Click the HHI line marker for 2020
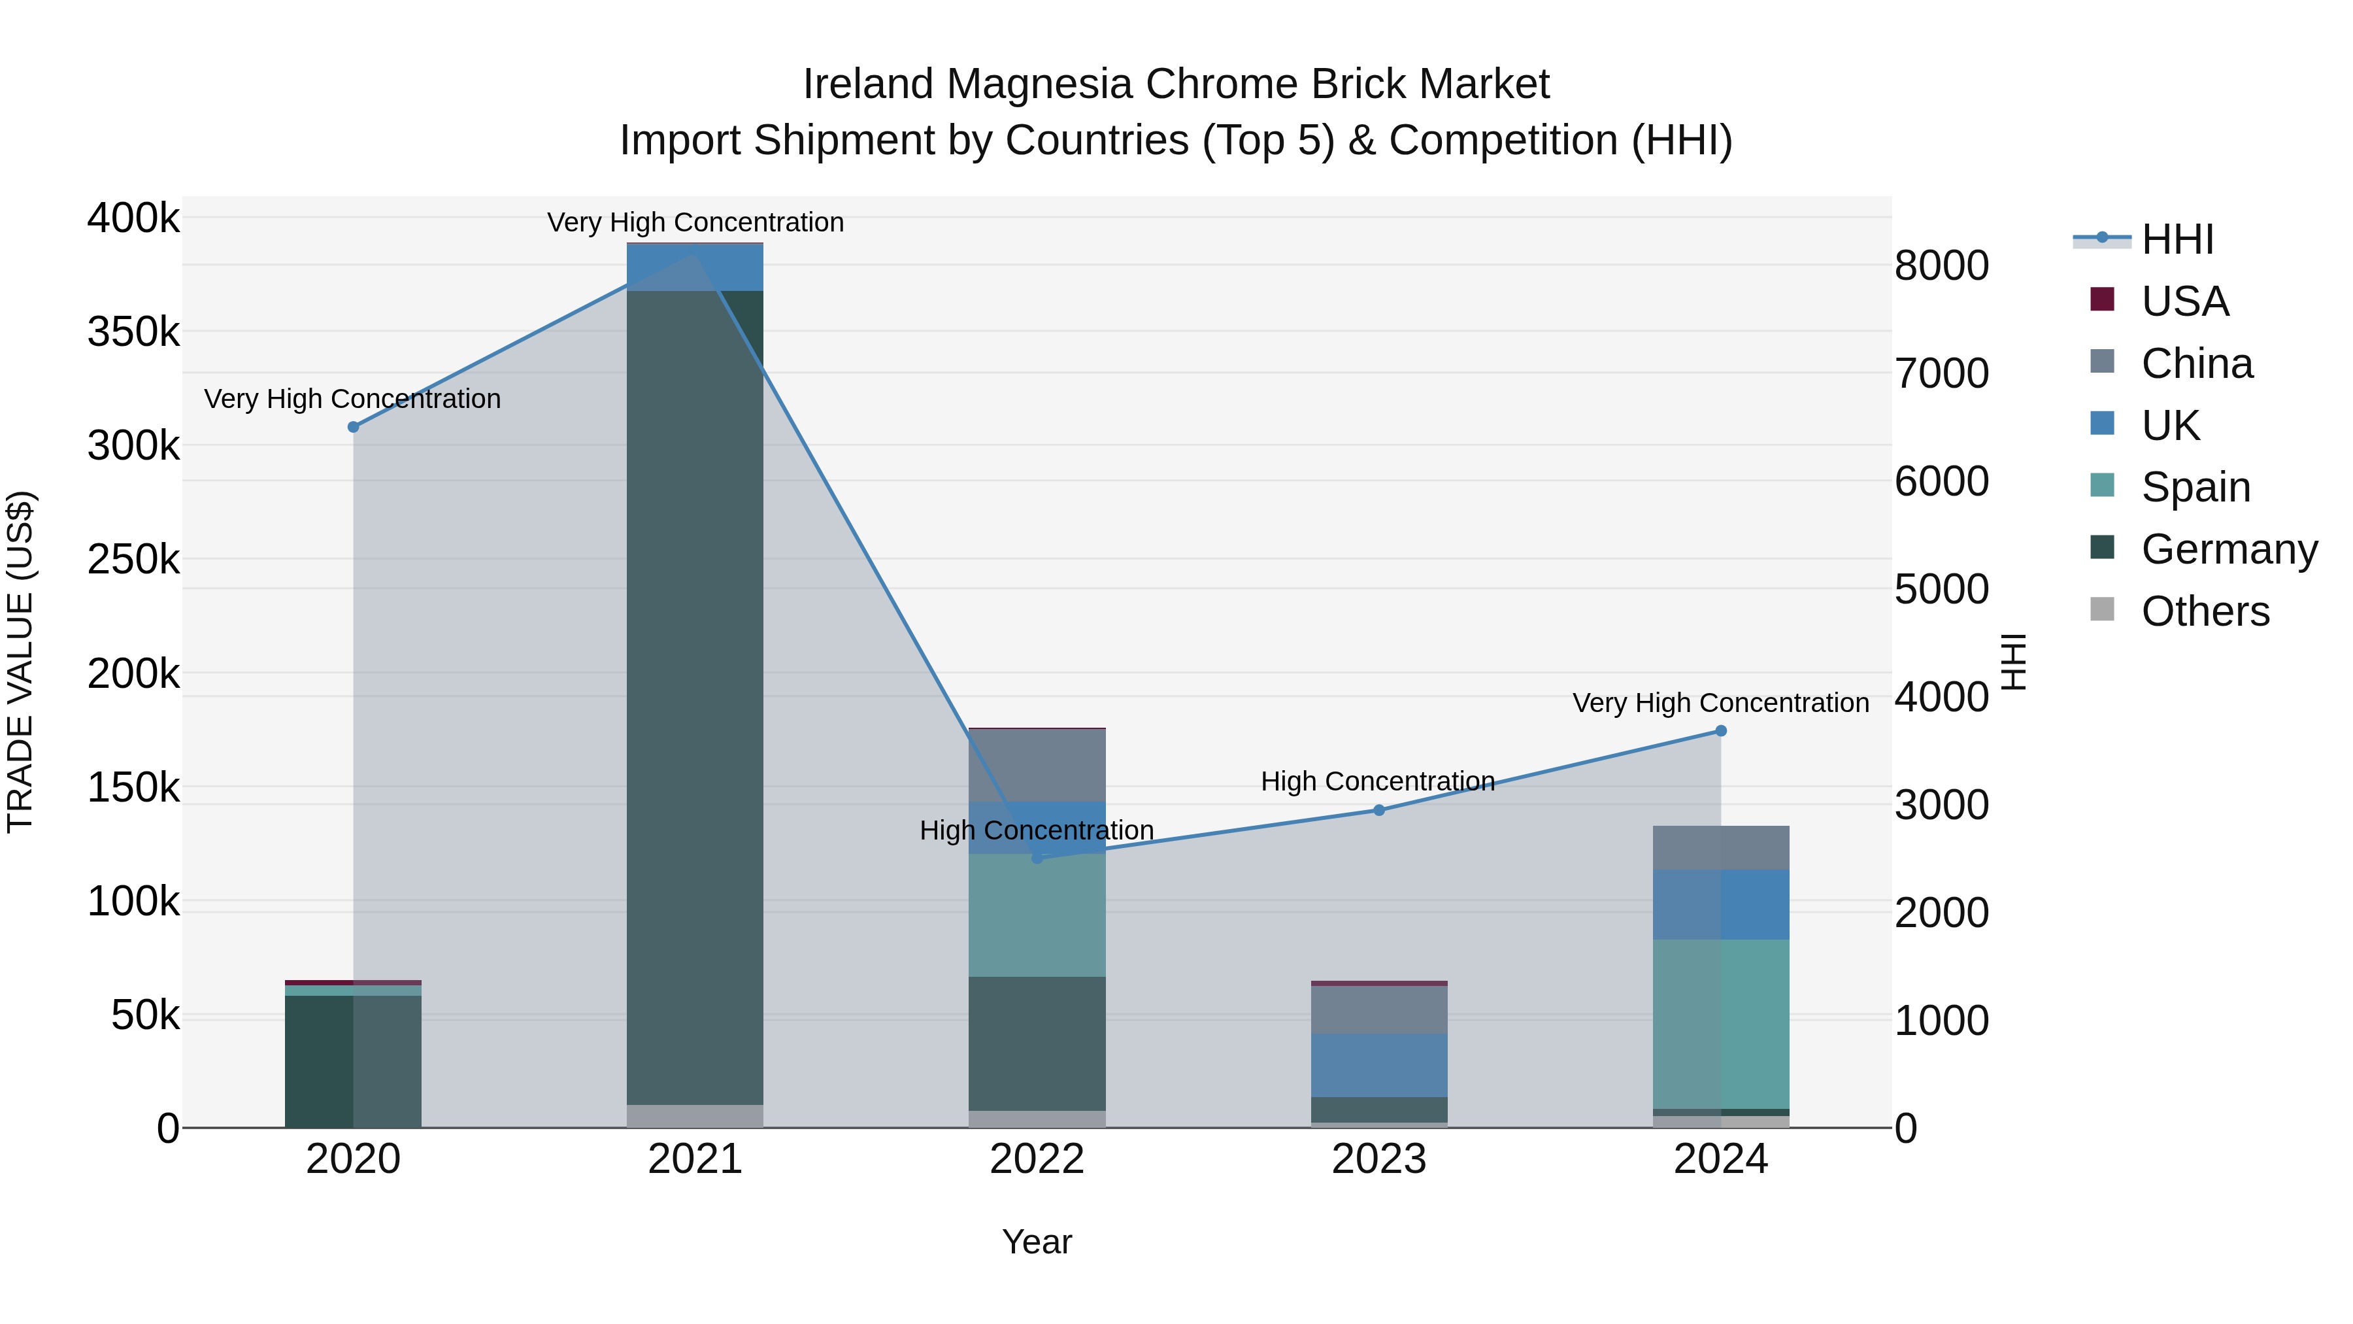[354, 427]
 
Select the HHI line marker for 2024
[1721, 731]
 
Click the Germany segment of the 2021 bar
[695, 694]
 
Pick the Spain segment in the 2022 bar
[1037, 915]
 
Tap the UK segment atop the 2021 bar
[695, 267]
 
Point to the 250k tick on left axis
[133, 559]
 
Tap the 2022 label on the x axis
[1037, 1159]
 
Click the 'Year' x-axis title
[1037, 1242]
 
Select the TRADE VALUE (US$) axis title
[20, 662]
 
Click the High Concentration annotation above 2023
[1377, 781]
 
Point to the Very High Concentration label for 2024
[1720, 703]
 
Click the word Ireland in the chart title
[868, 84]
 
